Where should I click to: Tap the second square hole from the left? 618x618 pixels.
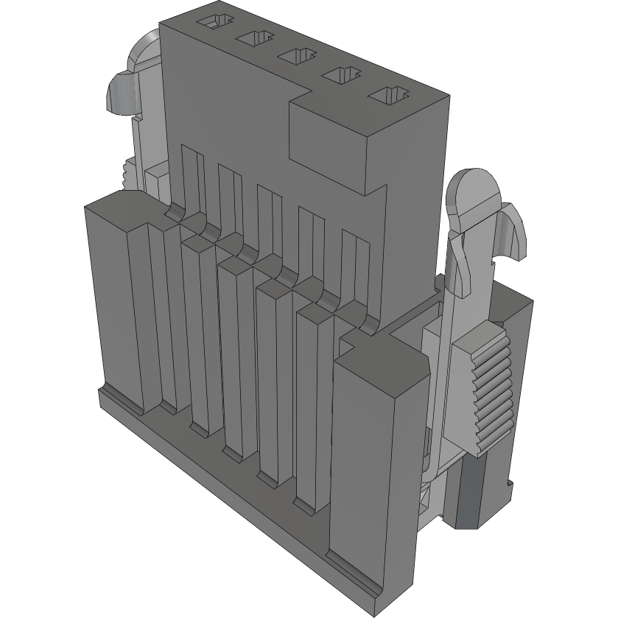tap(255, 38)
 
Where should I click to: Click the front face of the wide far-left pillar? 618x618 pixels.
tap(110, 302)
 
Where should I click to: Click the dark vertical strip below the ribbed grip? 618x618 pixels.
tap(468, 490)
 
